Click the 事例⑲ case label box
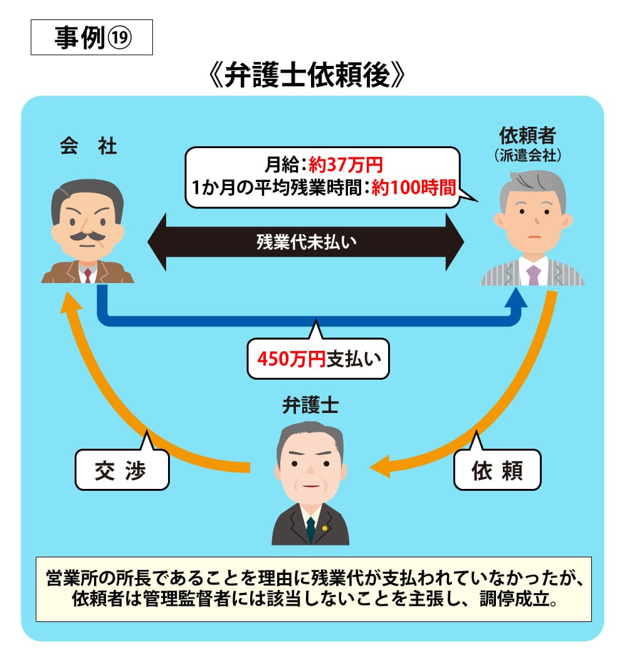[x=92, y=39]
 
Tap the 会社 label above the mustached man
[x=88, y=146]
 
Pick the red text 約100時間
[x=413, y=188]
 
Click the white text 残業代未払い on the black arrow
[x=306, y=242]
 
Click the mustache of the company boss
[x=86, y=237]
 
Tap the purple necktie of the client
[x=534, y=275]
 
